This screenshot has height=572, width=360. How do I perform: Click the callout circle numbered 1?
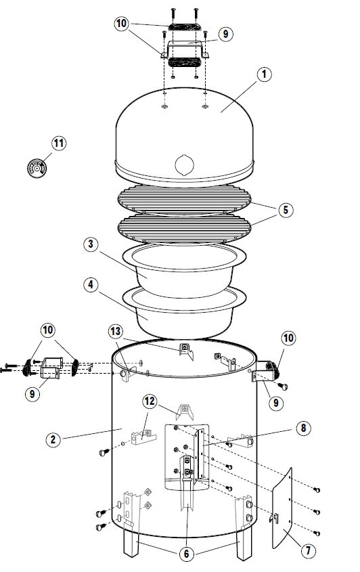[264, 74]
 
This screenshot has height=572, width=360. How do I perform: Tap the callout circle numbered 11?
[59, 143]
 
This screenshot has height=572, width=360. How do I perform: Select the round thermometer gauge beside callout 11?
[37, 168]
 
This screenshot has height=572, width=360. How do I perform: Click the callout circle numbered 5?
[286, 210]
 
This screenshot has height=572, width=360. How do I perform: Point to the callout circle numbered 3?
[91, 244]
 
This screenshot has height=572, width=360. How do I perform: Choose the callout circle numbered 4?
[91, 284]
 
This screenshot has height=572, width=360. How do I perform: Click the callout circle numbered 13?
[116, 331]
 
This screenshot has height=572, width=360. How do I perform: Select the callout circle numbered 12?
[150, 401]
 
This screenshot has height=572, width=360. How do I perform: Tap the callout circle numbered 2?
[53, 439]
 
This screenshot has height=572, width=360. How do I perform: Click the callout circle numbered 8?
[303, 428]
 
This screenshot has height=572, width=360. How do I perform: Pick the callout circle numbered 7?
[308, 550]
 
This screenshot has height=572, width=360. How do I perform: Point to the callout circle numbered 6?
[186, 554]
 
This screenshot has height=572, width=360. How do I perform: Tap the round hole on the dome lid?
[185, 164]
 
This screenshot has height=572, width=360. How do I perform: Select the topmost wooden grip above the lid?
[184, 27]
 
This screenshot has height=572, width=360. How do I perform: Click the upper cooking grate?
[185, 199]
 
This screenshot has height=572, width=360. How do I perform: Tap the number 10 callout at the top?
[121, 23]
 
